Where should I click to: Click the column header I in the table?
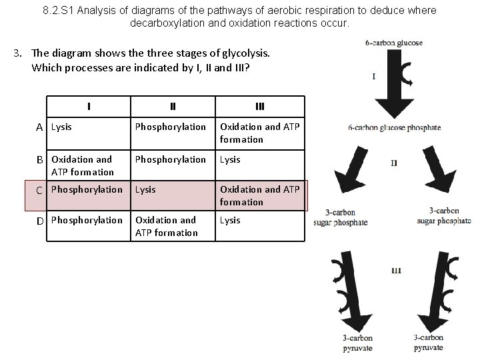89,105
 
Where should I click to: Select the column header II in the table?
173,105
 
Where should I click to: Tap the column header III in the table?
260,105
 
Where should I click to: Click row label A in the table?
40,127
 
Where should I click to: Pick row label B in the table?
40,159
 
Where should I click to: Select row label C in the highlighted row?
40,190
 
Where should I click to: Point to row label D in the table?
40,220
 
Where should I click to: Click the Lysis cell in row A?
62,127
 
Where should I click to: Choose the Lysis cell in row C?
145,189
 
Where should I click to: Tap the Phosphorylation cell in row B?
171,159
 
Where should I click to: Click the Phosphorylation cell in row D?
87,220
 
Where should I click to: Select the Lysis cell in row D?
230,220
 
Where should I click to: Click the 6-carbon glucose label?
393,43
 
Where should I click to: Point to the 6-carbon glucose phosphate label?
394,128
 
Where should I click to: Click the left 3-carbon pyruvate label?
357,343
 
